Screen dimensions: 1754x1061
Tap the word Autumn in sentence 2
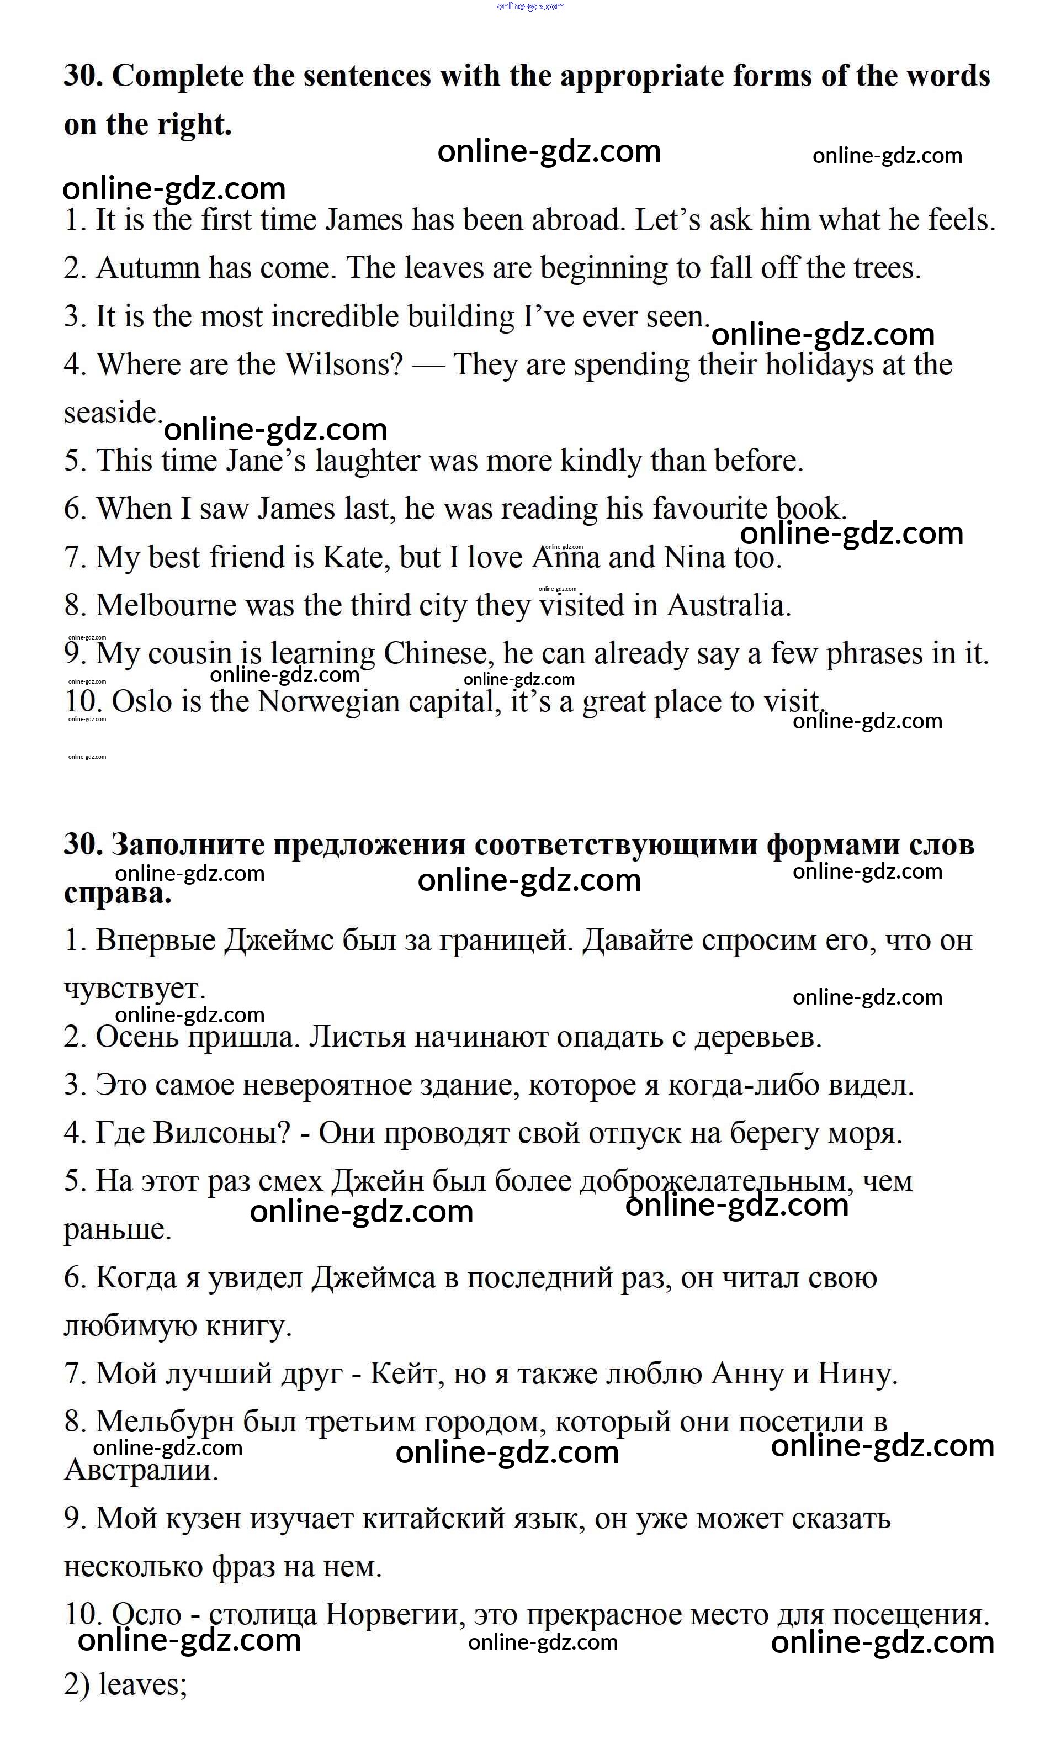click(148, 268)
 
